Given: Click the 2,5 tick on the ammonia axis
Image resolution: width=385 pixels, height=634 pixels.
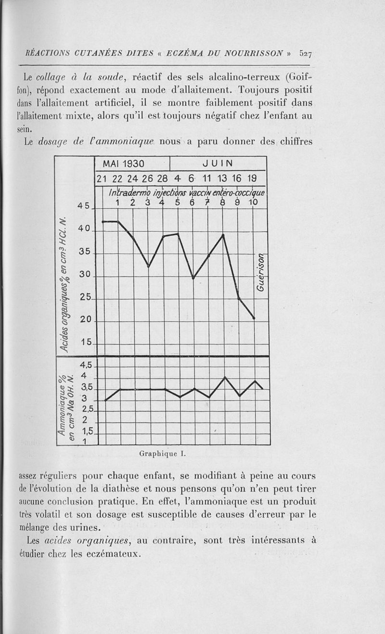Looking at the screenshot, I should [x=87, y=410].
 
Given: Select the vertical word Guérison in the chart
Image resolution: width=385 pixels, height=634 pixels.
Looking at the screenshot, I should [x=260, y=272].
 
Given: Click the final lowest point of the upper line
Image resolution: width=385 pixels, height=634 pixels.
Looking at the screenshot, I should [x=254, y=318].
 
